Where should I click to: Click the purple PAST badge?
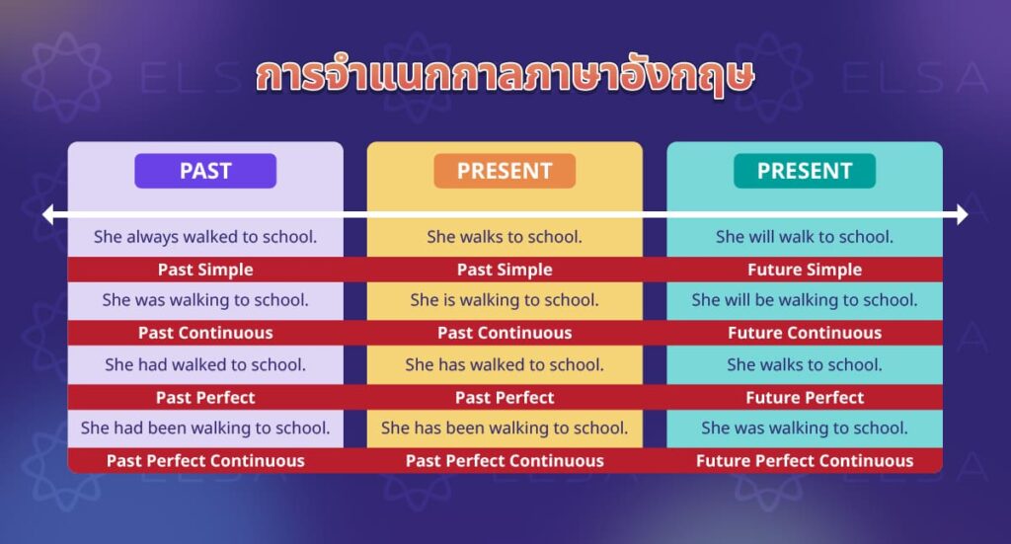(x=205, y=171)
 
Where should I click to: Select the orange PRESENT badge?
(x=505, y=171)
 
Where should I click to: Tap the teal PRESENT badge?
(x=804, y=171)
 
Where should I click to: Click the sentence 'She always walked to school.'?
(x=205, y=237)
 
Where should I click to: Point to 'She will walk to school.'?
(x=804, y=237)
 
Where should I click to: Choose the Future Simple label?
(x=804, y=270)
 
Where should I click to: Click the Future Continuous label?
(x=804, y=333)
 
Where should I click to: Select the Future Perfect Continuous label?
(x=804, y=460)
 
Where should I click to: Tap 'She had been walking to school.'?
(x=205, y=427)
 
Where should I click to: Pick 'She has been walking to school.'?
(x=505, y=427)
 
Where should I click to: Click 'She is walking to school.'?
(x=505, y=300)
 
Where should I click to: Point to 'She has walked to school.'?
(x=505, y=364)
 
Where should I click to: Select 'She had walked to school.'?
(x=205, y=364)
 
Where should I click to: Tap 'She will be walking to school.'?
(x=804, y=300)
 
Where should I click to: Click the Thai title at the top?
(x=505, y=78)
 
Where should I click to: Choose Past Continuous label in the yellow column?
(x=505, y=333)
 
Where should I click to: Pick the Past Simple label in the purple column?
(x=205, y=270)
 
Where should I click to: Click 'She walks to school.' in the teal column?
(x=804, y=364)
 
